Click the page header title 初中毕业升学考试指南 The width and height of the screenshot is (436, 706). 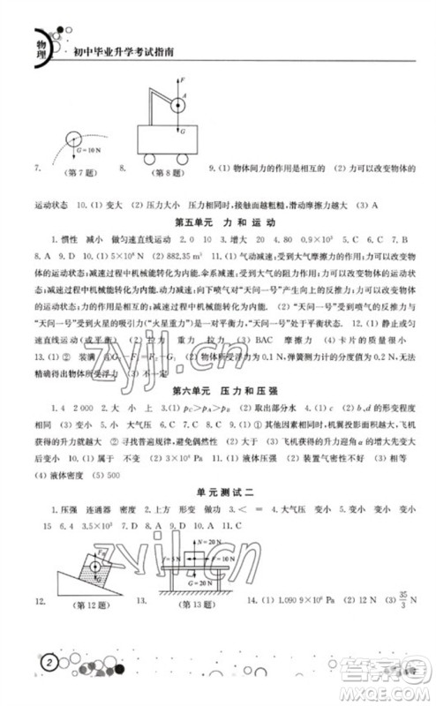click(124, 52)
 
